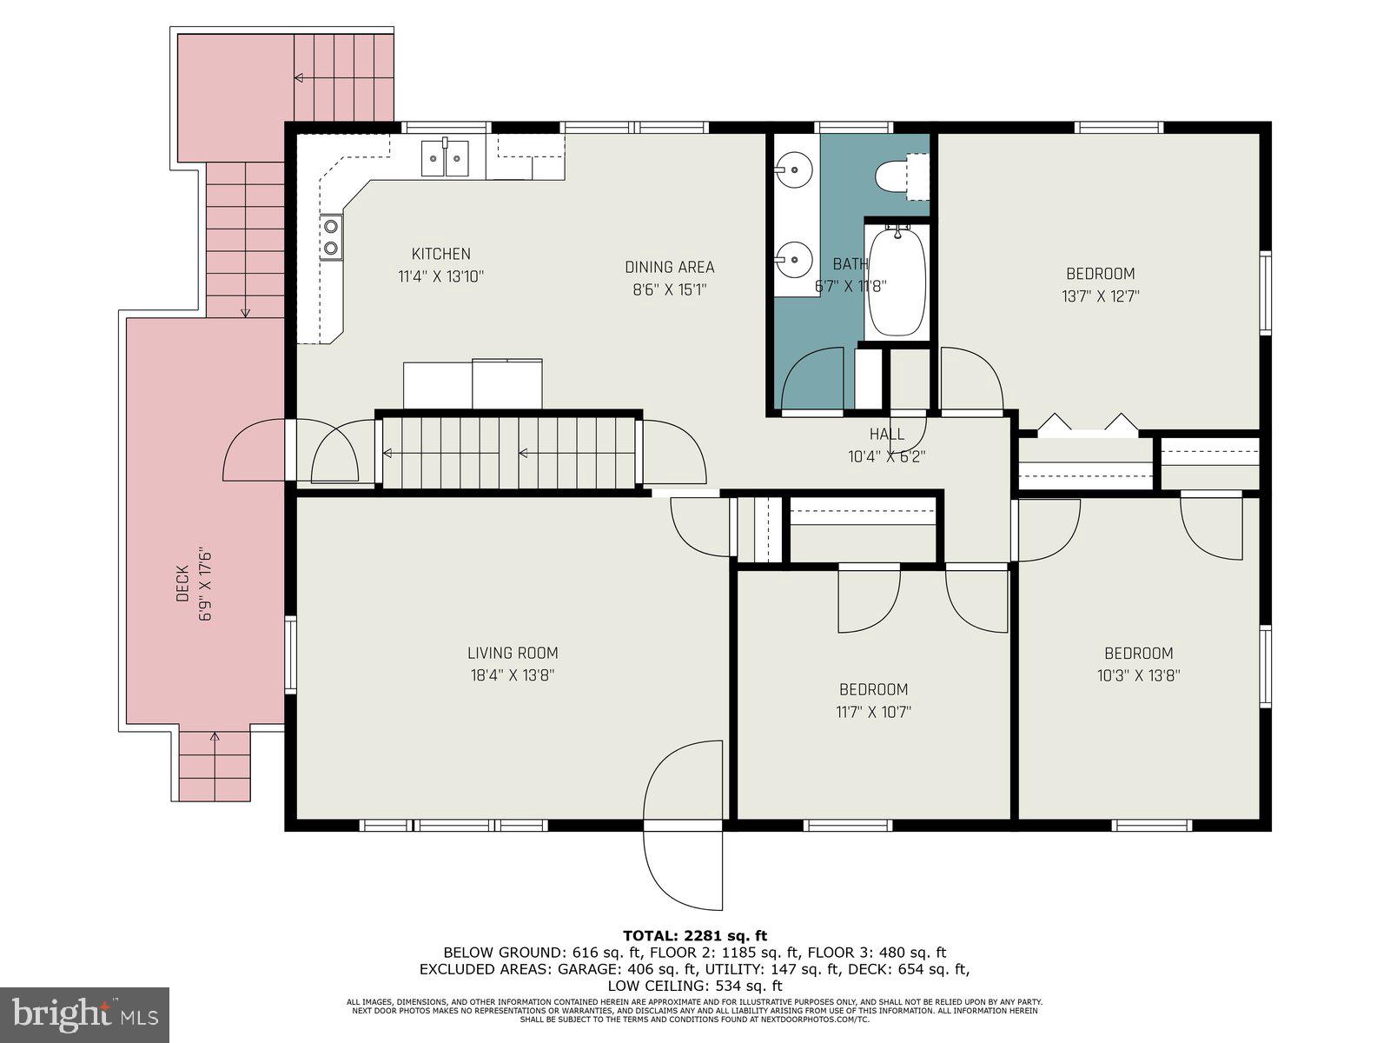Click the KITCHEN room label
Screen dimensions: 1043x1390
click(440, 254)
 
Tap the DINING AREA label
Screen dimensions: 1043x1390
click(669, 267)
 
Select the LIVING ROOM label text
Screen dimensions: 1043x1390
click(513, 653)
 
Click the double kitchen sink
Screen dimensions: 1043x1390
click(445, 158)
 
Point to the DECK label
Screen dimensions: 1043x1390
click(182, 583)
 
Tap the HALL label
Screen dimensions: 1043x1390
click(887, 434)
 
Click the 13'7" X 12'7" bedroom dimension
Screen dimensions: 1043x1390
click(1101, 296)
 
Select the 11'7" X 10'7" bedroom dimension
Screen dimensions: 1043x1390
click(873, 712)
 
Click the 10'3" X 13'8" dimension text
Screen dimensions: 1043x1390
click(1138, 675)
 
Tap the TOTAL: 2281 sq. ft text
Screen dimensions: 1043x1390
click(695, 935)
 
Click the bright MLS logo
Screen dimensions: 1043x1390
click(85, 1013)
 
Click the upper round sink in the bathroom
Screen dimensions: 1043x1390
click(792, 166)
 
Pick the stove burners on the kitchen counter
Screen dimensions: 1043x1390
click(331, 237)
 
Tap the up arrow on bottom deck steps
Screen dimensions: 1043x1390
click(215, 741)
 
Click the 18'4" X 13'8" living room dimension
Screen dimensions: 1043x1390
click(513, 675)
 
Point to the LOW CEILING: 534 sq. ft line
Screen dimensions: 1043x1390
click(695, 985)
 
